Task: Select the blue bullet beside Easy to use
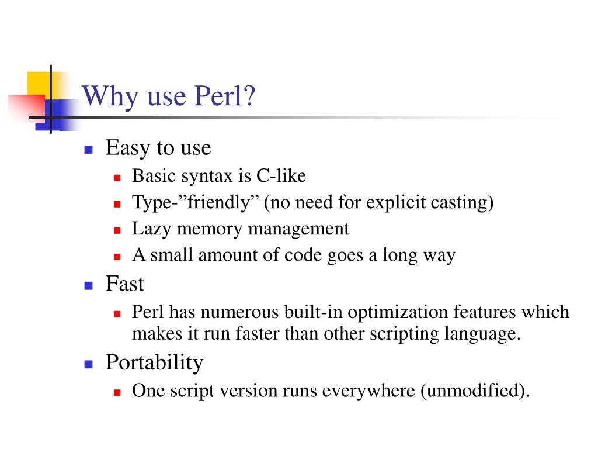pos(89,150)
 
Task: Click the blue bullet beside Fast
pos(89,286)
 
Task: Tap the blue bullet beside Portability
pos(89,364)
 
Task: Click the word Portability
pos(154,363)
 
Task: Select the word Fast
pos(124,285)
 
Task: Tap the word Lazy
pos(152,229)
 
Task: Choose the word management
pos(298,229)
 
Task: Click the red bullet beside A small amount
pos(117,257)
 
